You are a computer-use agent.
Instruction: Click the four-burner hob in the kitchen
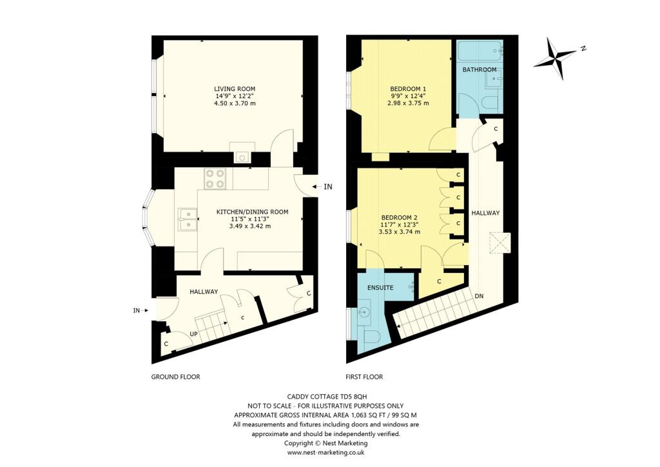(x=215, y=179)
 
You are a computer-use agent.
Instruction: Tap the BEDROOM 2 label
(x=400, y=217)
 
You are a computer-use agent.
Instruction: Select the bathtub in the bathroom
(x=480, y=50)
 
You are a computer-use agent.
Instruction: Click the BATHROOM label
(x=480, y=70)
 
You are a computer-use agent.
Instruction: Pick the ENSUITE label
(x=380, y=287)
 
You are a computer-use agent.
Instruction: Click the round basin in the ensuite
(x=363, y=315)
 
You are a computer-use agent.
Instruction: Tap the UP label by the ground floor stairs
(x=193, y=334)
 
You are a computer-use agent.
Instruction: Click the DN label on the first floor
(x=480, y=296)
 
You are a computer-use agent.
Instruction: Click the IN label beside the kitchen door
(x=327, y=187)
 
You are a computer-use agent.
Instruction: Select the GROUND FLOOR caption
(x=175, y=377)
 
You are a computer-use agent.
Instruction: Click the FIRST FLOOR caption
(x=364, y=377)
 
